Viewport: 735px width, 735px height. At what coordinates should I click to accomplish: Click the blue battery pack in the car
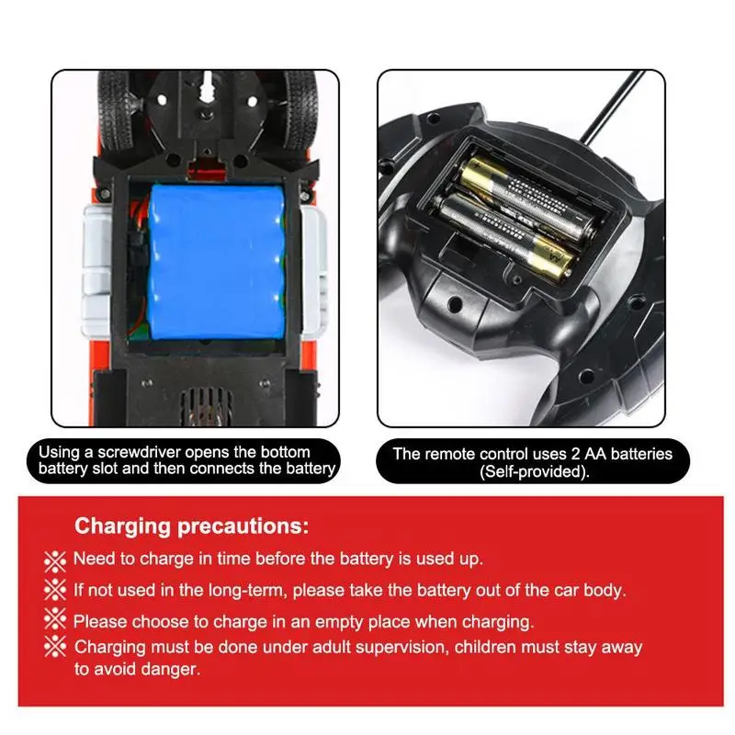point(217,262)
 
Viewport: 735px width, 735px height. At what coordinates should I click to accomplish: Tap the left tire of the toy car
point(113,110)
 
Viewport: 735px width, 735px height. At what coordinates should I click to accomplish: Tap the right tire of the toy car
point(301,110)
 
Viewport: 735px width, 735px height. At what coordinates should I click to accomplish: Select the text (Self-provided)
point(534,471)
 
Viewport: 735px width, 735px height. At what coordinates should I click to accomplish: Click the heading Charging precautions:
point(192,526)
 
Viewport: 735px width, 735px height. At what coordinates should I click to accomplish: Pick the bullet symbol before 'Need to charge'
point(55,560)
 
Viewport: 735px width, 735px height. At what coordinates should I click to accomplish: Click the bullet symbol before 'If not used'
point(55,590)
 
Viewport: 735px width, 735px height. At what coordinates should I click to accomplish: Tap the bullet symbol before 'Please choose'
point(55,618)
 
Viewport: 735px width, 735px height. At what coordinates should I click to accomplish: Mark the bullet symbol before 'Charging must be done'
point(55,647)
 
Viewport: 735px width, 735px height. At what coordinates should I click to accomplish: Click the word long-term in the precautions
point(247,591)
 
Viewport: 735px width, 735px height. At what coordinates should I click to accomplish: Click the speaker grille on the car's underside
point(206,407)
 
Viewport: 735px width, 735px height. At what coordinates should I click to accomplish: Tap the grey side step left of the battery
point(97,273)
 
